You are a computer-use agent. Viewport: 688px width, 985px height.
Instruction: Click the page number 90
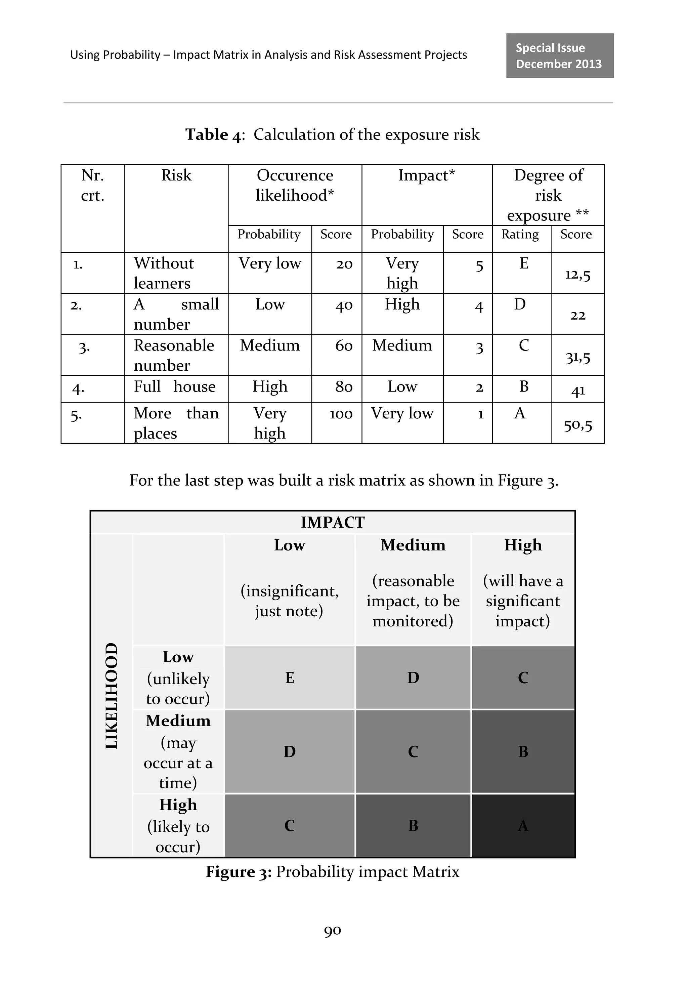333,930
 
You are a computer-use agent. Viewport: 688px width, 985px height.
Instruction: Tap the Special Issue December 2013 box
559,56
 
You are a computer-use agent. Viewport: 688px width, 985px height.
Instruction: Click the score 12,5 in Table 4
577,275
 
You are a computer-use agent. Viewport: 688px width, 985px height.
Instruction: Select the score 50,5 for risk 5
577,425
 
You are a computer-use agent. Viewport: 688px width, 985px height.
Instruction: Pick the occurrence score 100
341,414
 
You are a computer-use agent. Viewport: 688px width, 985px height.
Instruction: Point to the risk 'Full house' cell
175,387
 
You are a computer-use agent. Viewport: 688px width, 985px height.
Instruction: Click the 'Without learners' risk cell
164,273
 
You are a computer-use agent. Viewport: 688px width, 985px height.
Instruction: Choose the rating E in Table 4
524,263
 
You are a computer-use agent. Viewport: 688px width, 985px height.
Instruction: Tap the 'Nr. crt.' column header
93,185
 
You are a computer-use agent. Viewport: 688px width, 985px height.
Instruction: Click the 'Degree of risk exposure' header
548,195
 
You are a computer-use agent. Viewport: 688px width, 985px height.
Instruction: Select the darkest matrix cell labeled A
523,825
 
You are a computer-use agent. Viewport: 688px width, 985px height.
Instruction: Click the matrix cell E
290,678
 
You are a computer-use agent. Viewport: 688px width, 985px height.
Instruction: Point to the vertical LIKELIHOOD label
112,695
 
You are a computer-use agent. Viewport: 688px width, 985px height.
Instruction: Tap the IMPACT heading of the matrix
333,523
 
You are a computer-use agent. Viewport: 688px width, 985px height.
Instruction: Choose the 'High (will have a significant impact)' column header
522,584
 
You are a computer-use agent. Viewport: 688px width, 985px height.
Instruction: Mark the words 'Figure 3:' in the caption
239,872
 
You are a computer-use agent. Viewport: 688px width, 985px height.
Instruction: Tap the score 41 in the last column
578,391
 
